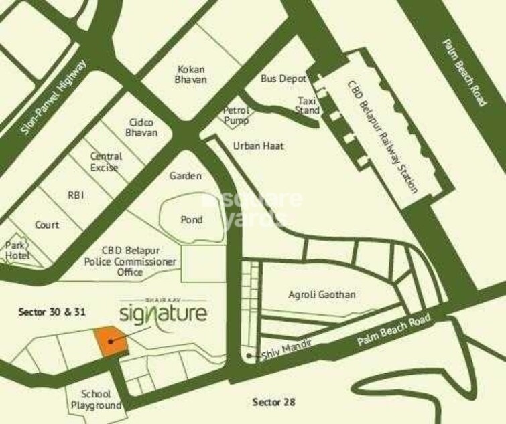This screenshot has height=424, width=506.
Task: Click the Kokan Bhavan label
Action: pos(191,74)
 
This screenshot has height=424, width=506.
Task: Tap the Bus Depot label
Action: pos(283,78)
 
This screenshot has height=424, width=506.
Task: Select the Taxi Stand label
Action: pos(308,106)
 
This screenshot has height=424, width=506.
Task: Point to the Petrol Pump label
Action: pos(236,115)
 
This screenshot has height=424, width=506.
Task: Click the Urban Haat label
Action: pos(249,145)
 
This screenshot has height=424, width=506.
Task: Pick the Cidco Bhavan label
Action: pos(142,127)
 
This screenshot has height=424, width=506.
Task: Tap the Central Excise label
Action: pos(105,161)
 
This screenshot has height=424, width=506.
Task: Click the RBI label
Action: pos(75,195)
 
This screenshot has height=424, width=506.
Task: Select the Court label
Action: pos(47,225)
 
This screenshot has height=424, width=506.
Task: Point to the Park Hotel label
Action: pos(17,250)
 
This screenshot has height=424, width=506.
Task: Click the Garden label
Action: pos(185,176)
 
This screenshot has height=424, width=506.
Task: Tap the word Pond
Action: pos(192,219)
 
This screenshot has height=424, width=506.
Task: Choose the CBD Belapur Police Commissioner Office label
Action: pos(130,261)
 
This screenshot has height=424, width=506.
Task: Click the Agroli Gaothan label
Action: pos(322,294)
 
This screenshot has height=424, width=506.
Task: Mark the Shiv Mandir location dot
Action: pos(249,356)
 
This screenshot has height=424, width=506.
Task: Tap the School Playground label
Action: pos(96,399)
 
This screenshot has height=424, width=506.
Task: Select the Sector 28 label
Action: pos(273,402)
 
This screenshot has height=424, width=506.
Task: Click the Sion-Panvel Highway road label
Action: pos(54,98)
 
